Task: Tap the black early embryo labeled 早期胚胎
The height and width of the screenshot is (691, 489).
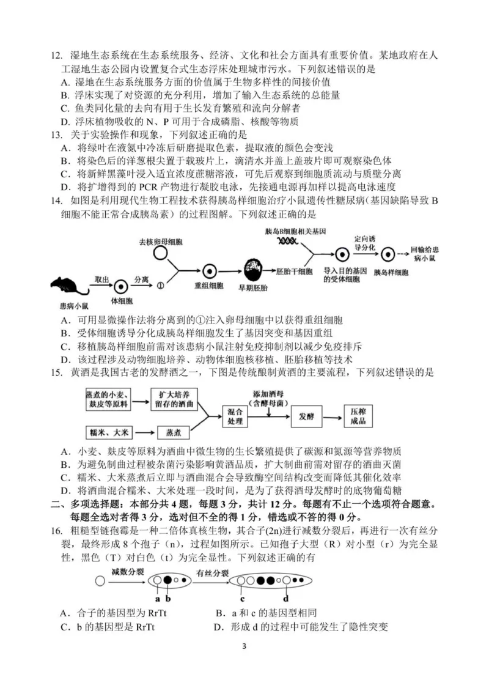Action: tap(252, 268)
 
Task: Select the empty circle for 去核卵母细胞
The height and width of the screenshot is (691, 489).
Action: tap(160, 253)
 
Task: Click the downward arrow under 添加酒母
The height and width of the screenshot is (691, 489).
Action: tap(268, 412)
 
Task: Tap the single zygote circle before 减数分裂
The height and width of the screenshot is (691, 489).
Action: tap(99, 580)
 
